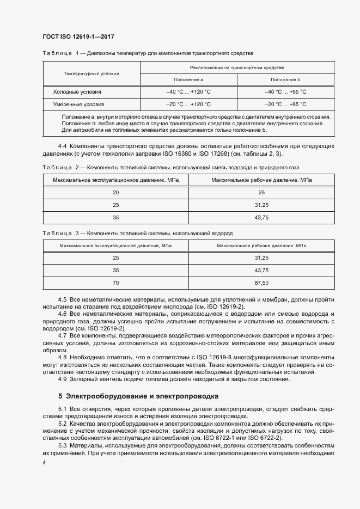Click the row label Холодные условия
tap(77, 92)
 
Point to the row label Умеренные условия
tap(78, 104)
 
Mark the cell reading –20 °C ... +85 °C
tap(285, 104)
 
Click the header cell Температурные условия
tap(91, 73)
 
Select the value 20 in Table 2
tap(115, 193)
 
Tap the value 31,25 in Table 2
tap(261, 205)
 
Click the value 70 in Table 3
tap(115, 283)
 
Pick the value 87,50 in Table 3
tap(261, 283)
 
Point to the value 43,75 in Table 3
tap(261, 271)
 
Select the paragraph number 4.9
tap(62, 379)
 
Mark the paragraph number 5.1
tap(62, 409)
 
